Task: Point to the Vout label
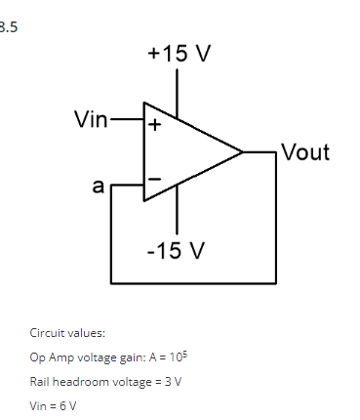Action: point(304,152)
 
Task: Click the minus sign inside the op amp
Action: point(153,179)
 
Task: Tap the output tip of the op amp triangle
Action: point(242,152)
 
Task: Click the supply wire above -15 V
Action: point(177,216)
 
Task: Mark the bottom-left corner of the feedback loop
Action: point(112,281)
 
